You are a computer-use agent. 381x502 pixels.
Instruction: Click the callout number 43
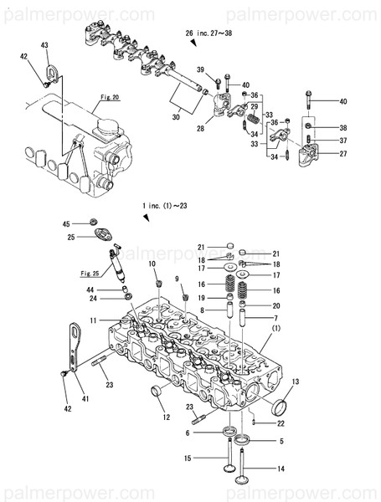pos(44,44)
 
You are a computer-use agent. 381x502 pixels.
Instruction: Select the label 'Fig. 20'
pos(110,97)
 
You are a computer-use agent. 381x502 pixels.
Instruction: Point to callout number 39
pos(201,69)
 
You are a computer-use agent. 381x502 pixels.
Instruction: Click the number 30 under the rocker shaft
pos(176,117)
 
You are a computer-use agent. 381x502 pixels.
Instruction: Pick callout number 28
pos(201,128)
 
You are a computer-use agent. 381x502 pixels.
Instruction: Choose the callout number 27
pos(319,154)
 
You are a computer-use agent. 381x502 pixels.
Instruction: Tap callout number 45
pos(66,224)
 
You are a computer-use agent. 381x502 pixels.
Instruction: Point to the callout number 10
pos(152,264)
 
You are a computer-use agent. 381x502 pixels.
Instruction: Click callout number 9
pos(177,279)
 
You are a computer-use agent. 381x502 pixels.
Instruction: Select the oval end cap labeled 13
pos(282,407)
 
